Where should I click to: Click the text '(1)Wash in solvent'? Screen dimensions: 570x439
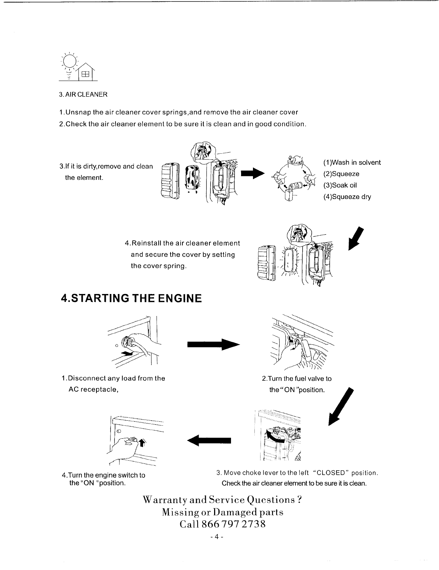click(352, 163)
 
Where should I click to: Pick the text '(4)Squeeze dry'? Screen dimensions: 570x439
click(347, 197)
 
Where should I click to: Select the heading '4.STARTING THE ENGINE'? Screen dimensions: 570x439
click(131, 298)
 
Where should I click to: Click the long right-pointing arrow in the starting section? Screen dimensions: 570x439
click(213, 344)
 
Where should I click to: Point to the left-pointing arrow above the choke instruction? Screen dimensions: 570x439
click(209, 440)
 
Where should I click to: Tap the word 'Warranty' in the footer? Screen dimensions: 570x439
click(165, 500)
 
